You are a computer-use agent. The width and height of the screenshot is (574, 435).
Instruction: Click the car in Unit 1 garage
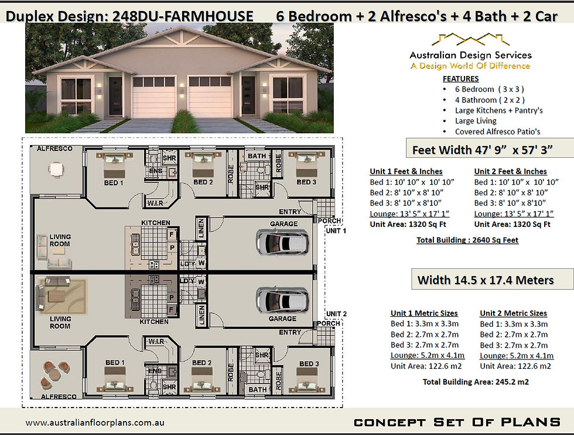282,242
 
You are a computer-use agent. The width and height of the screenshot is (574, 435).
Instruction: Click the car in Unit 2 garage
282,300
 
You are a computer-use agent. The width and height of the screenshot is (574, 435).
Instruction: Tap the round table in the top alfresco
56,170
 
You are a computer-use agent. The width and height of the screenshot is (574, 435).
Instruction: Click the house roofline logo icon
471,40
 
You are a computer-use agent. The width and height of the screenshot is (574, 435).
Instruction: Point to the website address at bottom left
95,423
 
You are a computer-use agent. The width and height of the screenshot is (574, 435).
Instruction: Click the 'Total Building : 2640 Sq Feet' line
467,240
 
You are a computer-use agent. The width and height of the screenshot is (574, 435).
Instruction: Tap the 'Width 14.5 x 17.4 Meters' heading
486,280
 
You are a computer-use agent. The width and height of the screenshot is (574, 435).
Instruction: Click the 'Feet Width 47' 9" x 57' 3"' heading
482,150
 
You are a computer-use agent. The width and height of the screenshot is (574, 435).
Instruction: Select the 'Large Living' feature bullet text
476,121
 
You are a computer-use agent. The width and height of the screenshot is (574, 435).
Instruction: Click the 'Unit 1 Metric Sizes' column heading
424,313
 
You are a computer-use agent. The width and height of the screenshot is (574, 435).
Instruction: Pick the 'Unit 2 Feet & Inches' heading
510,171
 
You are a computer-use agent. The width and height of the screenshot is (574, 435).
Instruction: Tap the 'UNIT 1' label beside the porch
336,231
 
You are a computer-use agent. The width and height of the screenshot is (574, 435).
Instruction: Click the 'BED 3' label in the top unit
306,182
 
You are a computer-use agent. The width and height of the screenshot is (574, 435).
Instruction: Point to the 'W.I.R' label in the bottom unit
156,341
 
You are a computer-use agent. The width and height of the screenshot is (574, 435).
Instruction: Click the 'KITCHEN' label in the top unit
156,223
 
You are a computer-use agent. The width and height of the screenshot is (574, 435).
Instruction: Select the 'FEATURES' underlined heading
460,78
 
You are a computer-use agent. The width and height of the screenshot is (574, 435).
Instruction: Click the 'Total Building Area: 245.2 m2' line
476,382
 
